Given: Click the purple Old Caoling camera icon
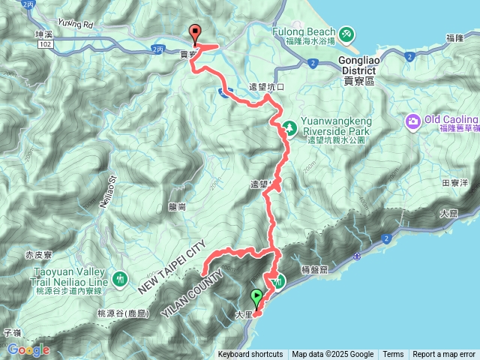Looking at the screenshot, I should (413, 121).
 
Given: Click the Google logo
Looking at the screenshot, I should (28, 349).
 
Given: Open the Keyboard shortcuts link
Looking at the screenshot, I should (250, 355).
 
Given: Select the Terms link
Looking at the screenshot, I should (393, 355).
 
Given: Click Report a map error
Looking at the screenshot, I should (444, 355).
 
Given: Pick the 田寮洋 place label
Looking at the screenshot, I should (455, 182).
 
